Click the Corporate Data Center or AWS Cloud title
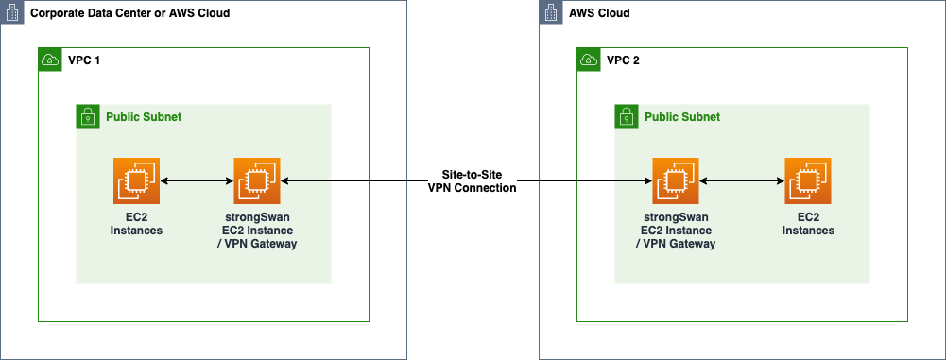click(x=129, y=14)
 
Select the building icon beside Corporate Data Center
click(x=11, y=13)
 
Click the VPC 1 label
click(x=83, y=60)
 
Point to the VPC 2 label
click(x=622, y=60)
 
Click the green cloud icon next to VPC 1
click(x=49, y=60)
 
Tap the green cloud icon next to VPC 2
click(x=588, y=60)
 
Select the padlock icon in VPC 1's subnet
click(x=87, y=116)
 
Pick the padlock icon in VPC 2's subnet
click(x=626, y=116)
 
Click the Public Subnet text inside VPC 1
click(x=143, y=117)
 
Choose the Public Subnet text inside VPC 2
click(x=681, y=117)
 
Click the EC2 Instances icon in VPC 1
click(x=137, y=180)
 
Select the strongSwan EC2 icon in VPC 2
click(x=675, y=180)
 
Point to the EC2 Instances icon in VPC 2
click(x=808, y=180)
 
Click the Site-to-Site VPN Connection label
click(x=473, y=181)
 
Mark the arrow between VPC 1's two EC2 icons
click(x=197, y=180)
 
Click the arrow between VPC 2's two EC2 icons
click(x=742, y=180)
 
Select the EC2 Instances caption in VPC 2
click(x=808, y=224)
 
